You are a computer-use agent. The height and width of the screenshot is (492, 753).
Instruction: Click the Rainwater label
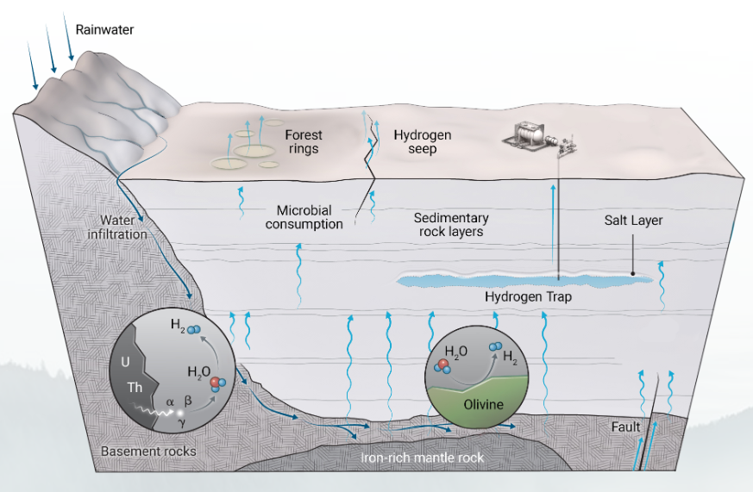tap(105, 30)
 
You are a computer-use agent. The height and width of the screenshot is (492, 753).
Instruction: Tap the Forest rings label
tap(303, 141)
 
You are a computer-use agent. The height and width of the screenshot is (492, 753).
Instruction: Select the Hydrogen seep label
tap(422, 141)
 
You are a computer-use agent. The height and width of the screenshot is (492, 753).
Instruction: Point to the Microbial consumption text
tap(310, 217)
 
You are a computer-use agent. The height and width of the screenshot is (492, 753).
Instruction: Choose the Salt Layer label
tap(634, 221)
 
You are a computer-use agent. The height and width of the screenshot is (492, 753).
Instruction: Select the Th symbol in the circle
tap(135, 388)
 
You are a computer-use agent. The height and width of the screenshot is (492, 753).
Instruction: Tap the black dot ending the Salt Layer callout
tap(634, 275)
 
